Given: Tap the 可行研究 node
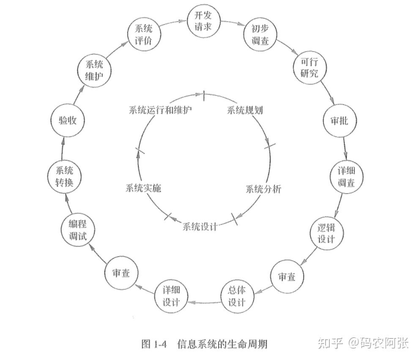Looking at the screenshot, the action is coord(309,68).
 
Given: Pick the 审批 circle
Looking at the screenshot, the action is coord(338,120).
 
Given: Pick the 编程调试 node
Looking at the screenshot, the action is coord(78,230).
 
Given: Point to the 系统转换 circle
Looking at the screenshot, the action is coord(64,177).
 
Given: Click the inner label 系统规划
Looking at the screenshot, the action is coord(245,110).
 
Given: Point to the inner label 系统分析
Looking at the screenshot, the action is coord(263,188).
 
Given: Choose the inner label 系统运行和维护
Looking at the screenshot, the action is coord(160,110).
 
